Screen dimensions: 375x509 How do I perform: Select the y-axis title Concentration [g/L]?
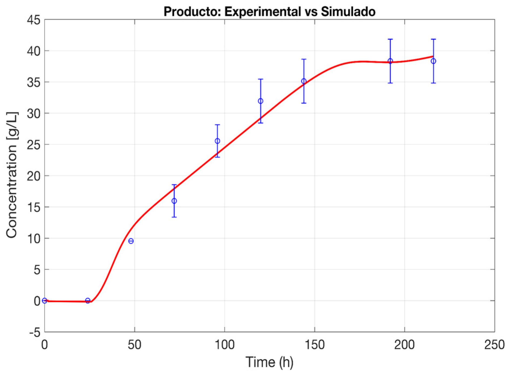12,175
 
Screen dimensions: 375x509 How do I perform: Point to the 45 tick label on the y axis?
34,20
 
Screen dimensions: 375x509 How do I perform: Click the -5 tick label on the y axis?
35,332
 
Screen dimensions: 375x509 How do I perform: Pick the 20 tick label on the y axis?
34,176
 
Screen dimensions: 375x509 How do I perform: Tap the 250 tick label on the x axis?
494,345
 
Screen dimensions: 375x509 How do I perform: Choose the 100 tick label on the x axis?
225,345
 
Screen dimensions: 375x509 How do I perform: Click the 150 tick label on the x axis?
314,345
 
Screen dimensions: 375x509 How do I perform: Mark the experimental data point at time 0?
45,301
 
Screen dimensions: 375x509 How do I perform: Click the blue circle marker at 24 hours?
88,301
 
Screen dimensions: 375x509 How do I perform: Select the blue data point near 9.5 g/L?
131,241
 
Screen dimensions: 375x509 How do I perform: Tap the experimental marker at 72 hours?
174,201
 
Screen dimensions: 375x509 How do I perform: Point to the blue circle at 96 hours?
217,141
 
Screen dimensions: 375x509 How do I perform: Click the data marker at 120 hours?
261,101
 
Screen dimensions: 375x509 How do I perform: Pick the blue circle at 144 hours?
304,81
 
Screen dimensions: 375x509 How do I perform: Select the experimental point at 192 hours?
390,61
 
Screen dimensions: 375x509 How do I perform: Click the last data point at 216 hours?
433,61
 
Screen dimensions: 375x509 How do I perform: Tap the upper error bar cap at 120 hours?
261,79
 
